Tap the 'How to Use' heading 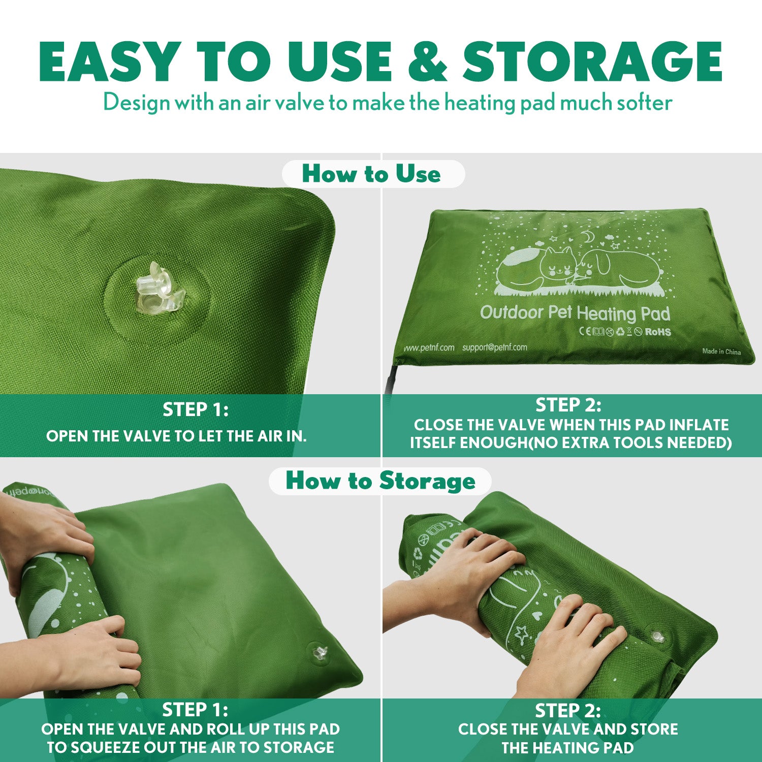pyautogui.click(x=371, y=174)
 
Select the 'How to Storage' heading pyautogui.click(x=380, y=481)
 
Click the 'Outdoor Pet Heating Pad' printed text pyautogui.click(x=575, y=313)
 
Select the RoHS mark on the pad pyautogui.click(x=658, y=332)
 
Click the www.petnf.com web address pyautogui.click(x=429, y=348)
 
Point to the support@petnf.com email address pyautogui.click(x=494, y=347)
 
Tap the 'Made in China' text pyautogui.click(x=721, y=352)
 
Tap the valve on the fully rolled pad pyautogui.click(x=658, y=636)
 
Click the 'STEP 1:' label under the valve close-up pyautogui.click(x=196, y=409)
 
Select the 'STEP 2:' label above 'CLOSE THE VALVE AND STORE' pyautogui.click(x=567, y=710)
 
